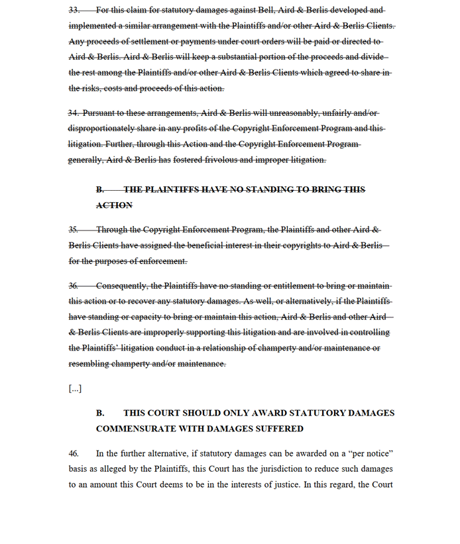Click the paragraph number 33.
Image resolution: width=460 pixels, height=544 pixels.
pos(74,10)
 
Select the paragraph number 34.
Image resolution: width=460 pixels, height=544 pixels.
pos(74,113)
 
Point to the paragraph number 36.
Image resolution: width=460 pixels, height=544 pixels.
pos(74,286)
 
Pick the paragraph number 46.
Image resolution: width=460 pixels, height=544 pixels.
pos(74,453)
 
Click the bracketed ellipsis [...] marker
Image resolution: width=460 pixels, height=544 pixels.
pos(75,388)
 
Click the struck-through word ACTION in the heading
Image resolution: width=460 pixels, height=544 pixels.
pos(114,205)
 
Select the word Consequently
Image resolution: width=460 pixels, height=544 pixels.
pos(122,286)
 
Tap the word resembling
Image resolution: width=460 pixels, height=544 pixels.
pos(91,364)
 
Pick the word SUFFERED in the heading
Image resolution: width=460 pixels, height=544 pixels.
pos(279,429)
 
